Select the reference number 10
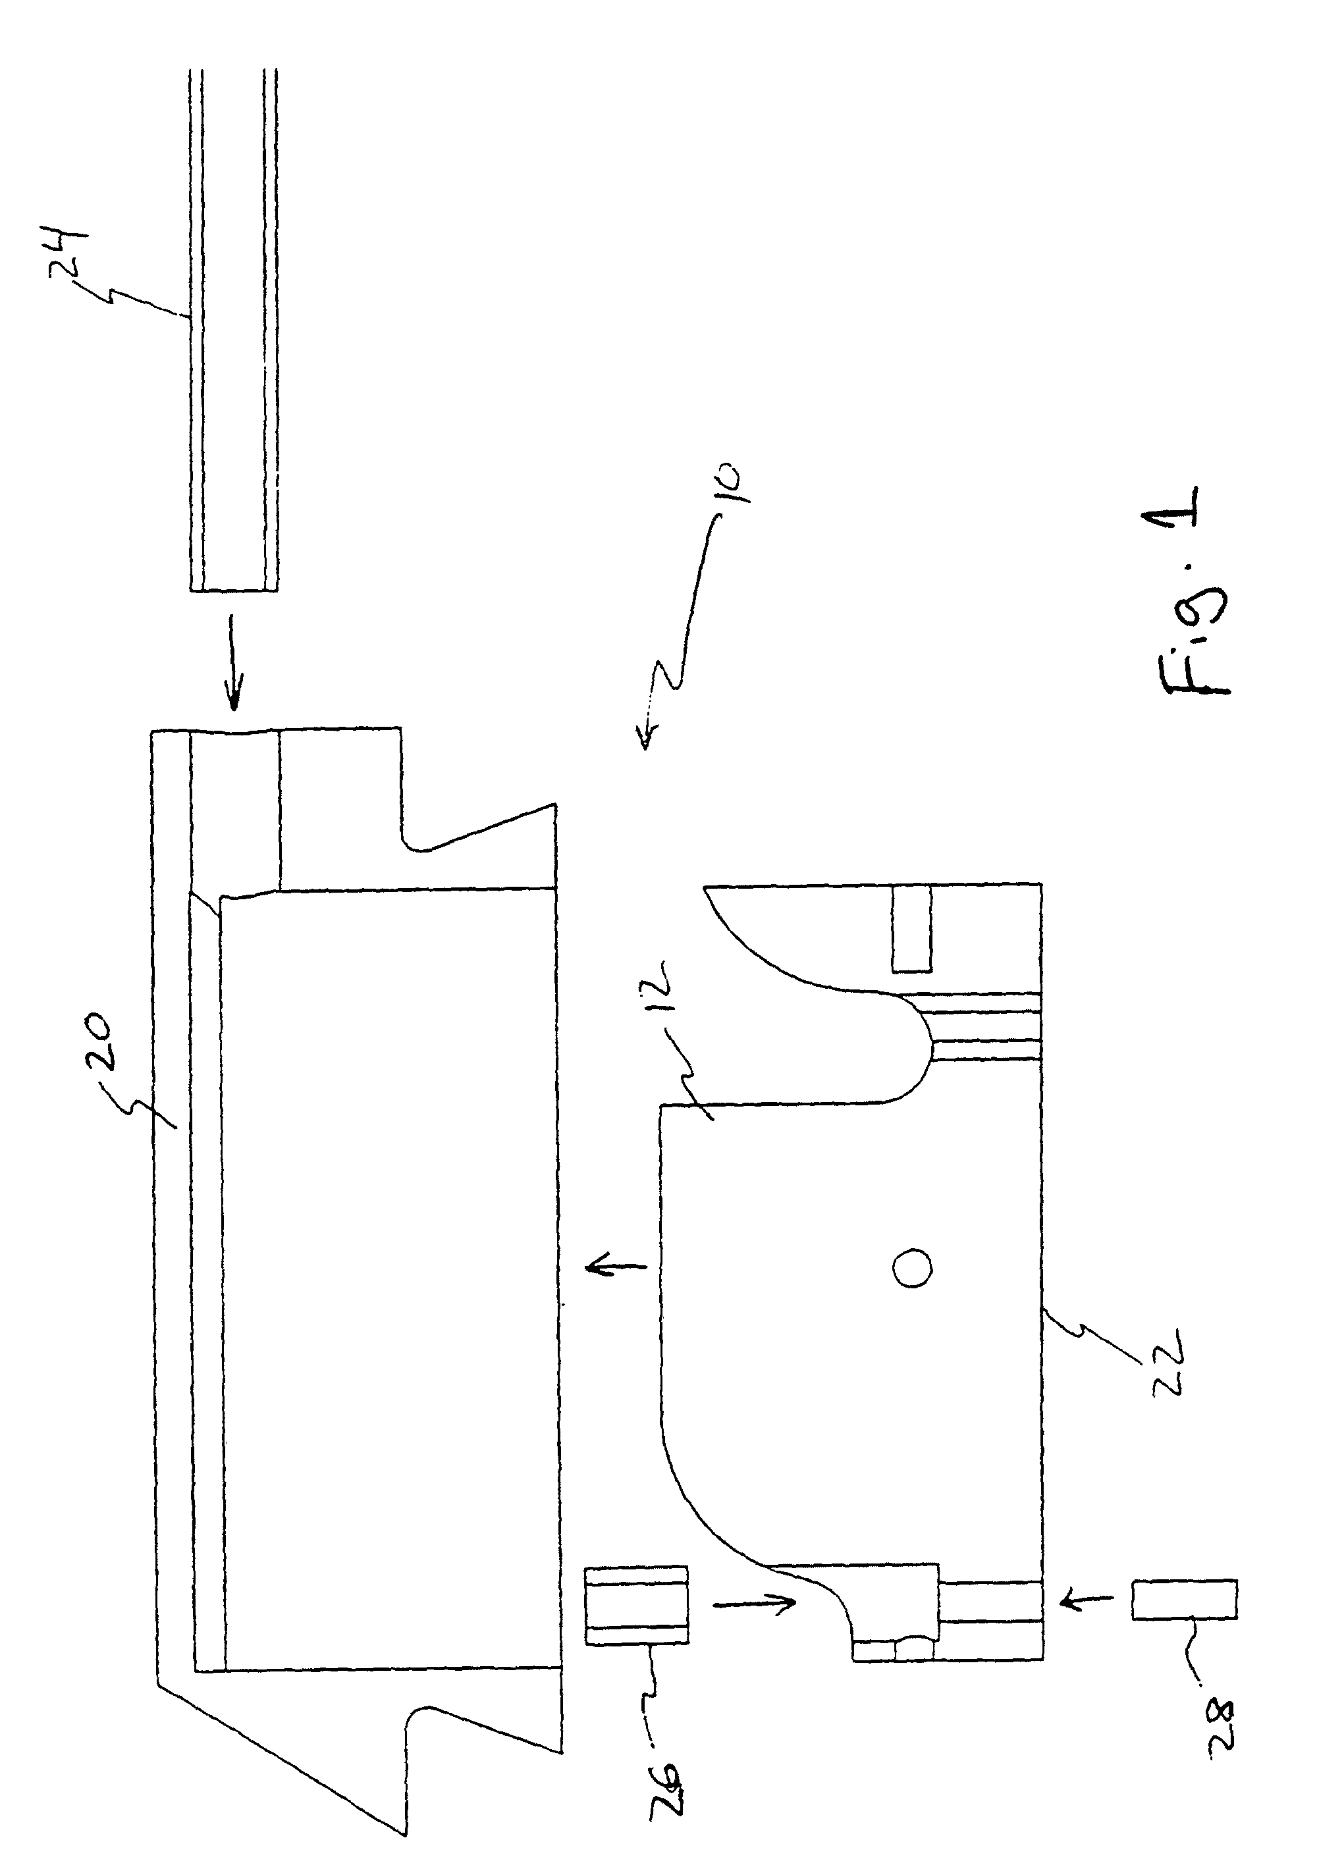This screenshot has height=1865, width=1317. (x=729, y=483)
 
